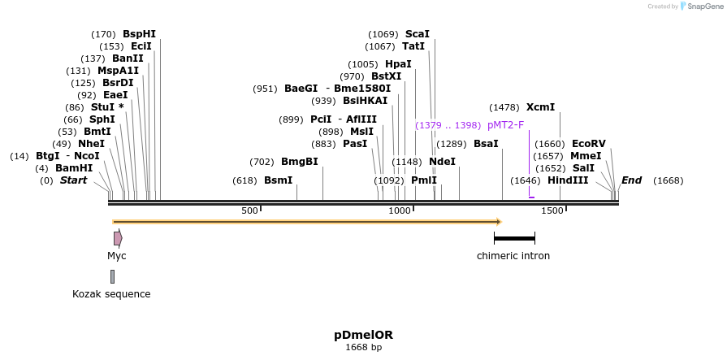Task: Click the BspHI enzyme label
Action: point(139,34)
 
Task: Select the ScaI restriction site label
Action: point(417,34)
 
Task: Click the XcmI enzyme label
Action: point(540,107)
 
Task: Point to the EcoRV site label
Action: point(589,144)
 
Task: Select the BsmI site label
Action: point(278,180)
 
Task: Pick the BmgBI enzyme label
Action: point(299,162)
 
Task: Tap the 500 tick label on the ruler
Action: point(249,210)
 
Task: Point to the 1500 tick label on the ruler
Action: point(552,210)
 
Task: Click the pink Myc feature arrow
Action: point(118,238)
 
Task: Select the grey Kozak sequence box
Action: point(112,276)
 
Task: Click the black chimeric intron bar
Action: point(514,238)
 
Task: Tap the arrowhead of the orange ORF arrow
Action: point(499,222)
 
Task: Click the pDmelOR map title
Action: point(363,334)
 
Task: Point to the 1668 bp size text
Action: point(363,347)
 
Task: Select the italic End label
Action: point(631,180)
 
